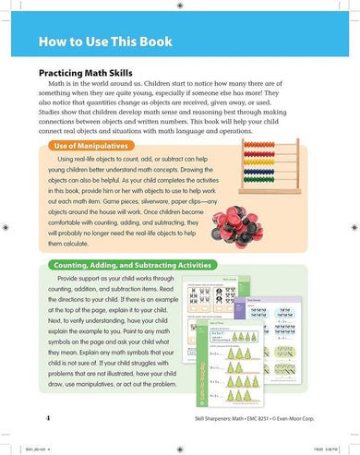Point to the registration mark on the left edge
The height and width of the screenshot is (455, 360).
(x=7, y=227)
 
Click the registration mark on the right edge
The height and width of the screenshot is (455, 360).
(x=353, y=227)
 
